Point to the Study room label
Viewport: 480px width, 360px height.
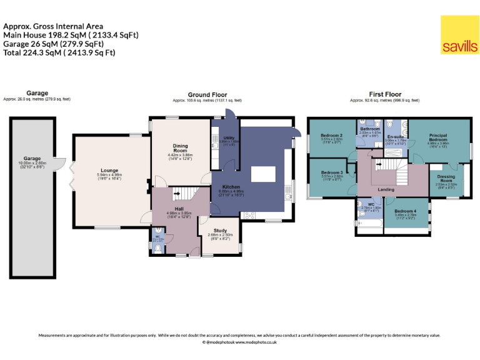tap(219, 231)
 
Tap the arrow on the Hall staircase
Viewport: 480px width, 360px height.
tap(177, 194)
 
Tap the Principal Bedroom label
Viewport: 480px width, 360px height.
tap(438, 137)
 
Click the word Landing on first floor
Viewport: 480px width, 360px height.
tap(386, 189)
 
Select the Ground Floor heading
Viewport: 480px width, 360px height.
tap(207, 95)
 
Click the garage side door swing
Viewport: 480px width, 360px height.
tap(60, 164)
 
